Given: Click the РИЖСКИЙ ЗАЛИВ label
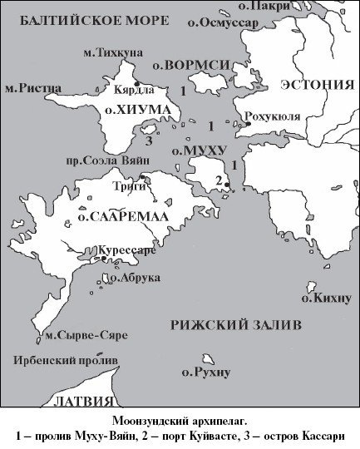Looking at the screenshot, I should pos(235,324).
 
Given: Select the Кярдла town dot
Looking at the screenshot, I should pos(136,84).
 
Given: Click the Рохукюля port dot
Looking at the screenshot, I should pos(247,124).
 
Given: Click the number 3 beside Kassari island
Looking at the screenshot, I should pos(149,139).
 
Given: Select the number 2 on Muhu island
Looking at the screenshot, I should pos(219,180).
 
